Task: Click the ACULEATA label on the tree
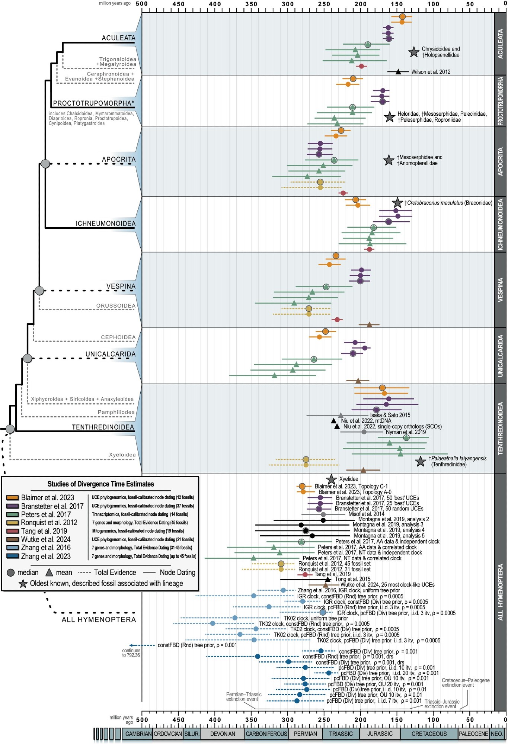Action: coord(118,38)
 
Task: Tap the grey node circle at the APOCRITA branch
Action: coord(45,163)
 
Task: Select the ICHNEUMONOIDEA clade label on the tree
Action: coord(106,224)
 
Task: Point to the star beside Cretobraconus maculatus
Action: coord(397,203)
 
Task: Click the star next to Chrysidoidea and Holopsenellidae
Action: coord(414,52)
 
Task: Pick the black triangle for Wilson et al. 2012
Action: coord(398,72)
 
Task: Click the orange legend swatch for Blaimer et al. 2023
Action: coord(13,498)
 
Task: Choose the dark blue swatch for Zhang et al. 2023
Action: coord(13,557)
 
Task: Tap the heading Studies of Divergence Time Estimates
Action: coord(100,484)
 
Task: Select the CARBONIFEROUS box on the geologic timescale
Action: coord(266,734)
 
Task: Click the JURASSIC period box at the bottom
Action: coord(380,734)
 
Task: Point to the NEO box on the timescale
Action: coord(496,734)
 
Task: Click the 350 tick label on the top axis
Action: coord(251,4)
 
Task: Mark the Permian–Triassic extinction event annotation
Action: coord(244,697)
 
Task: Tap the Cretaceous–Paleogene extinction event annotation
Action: coord(465,683)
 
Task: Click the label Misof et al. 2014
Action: coord(366,514)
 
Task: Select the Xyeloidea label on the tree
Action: coord(122,455)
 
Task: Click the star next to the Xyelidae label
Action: coord(331,479)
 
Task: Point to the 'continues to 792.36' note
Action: coord(131,653)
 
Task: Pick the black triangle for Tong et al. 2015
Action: coord(328,579)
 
